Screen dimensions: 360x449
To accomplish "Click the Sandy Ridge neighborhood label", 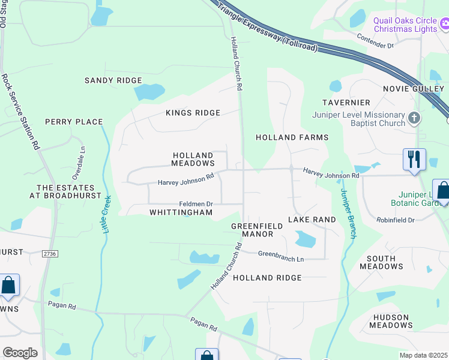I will click(x=113, y=80).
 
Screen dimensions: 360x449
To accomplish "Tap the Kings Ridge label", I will click(x=193, y=113).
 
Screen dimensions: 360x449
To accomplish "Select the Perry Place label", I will click(x=74, y=122).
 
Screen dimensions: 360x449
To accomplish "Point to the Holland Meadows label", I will click(x=193, y=159).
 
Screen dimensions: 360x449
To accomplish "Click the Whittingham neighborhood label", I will click(x=181, y=212).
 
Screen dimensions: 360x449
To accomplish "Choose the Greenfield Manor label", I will click(x=253, y=230).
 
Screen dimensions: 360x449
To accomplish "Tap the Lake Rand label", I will click(x=312, y=220).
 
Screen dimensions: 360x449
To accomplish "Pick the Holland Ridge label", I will click(x=267, y=278).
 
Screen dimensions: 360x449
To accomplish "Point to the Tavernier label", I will click(x=346, y=103).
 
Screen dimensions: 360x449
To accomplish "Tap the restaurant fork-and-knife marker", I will click(x=414, y=160).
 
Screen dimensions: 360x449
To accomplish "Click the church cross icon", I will click(x=414, y=118).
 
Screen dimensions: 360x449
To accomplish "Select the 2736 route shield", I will click(x=50, y=254).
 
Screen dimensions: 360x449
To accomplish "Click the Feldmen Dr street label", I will click(x=197, y=204).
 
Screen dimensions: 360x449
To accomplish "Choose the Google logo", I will click(x=20, y=352).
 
